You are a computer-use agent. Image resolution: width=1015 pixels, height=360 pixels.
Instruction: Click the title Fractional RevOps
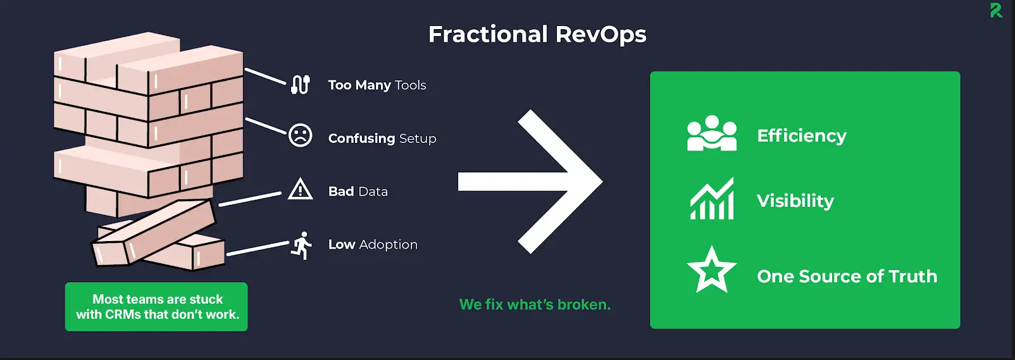537,34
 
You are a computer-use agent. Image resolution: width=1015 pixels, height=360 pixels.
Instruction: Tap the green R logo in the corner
996,10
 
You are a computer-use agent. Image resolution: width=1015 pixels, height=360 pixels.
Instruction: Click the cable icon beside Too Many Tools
300,84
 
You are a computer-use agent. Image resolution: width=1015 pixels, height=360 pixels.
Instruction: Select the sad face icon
301,135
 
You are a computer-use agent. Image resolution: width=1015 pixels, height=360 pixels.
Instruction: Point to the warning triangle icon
300,189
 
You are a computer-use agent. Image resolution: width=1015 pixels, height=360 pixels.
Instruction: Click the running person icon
301,245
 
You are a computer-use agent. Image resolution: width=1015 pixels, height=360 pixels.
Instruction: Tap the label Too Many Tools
377,85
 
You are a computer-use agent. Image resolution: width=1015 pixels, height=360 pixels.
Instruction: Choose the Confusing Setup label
382,139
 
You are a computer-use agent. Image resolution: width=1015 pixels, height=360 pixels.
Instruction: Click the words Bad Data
358,192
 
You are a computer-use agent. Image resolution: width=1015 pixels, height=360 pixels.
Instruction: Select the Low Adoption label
373,244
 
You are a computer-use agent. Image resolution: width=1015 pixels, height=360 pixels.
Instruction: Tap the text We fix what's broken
535,304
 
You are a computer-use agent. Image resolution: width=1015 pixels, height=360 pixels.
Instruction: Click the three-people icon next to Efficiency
712,133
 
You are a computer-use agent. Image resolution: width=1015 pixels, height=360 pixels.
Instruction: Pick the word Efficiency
802,136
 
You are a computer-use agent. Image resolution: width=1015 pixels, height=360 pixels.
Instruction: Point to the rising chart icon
712,198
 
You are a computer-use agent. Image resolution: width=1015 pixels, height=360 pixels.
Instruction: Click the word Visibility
795,201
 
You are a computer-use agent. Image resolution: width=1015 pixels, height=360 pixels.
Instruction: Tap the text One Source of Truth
847,276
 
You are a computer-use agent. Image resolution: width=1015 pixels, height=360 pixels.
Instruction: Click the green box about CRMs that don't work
156,307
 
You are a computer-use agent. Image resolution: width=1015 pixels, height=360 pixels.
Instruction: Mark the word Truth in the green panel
913,276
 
